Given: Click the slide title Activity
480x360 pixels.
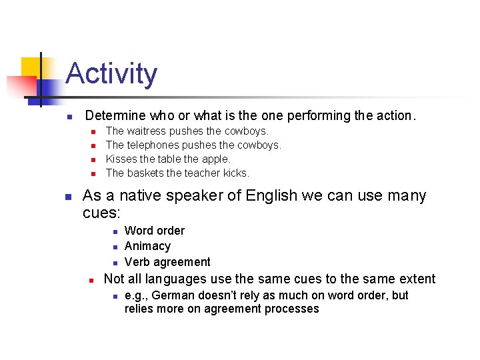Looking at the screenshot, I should [x=111, y=73].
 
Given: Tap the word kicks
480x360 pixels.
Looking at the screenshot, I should [x=237, y=173].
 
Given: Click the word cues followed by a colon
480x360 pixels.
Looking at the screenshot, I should [x=101, y=213].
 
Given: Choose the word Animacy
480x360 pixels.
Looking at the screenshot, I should [x=147, y=246].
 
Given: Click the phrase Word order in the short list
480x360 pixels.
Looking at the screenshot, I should [x=155, y=231].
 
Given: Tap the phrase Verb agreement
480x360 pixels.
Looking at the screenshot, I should [x=167, y=262].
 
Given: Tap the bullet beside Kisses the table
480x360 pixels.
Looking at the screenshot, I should [x=93, y=159].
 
